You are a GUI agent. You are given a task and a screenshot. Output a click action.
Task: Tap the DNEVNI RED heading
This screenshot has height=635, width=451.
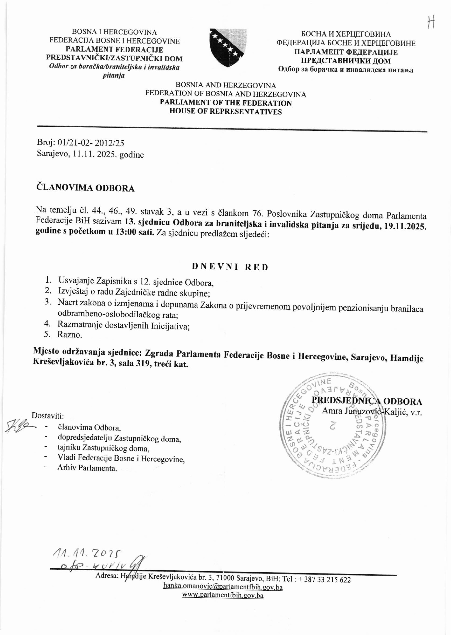pos(230,267)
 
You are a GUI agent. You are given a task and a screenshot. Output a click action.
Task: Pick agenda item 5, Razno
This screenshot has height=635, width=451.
pos(70,335)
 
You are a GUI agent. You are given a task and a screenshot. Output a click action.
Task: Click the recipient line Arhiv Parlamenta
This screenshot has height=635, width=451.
pos(87,468)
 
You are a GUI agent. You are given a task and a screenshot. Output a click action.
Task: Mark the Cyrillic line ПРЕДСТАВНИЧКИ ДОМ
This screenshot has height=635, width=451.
pos(346,61)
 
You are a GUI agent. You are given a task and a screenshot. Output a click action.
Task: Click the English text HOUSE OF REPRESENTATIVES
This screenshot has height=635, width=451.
pos(226,112)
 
